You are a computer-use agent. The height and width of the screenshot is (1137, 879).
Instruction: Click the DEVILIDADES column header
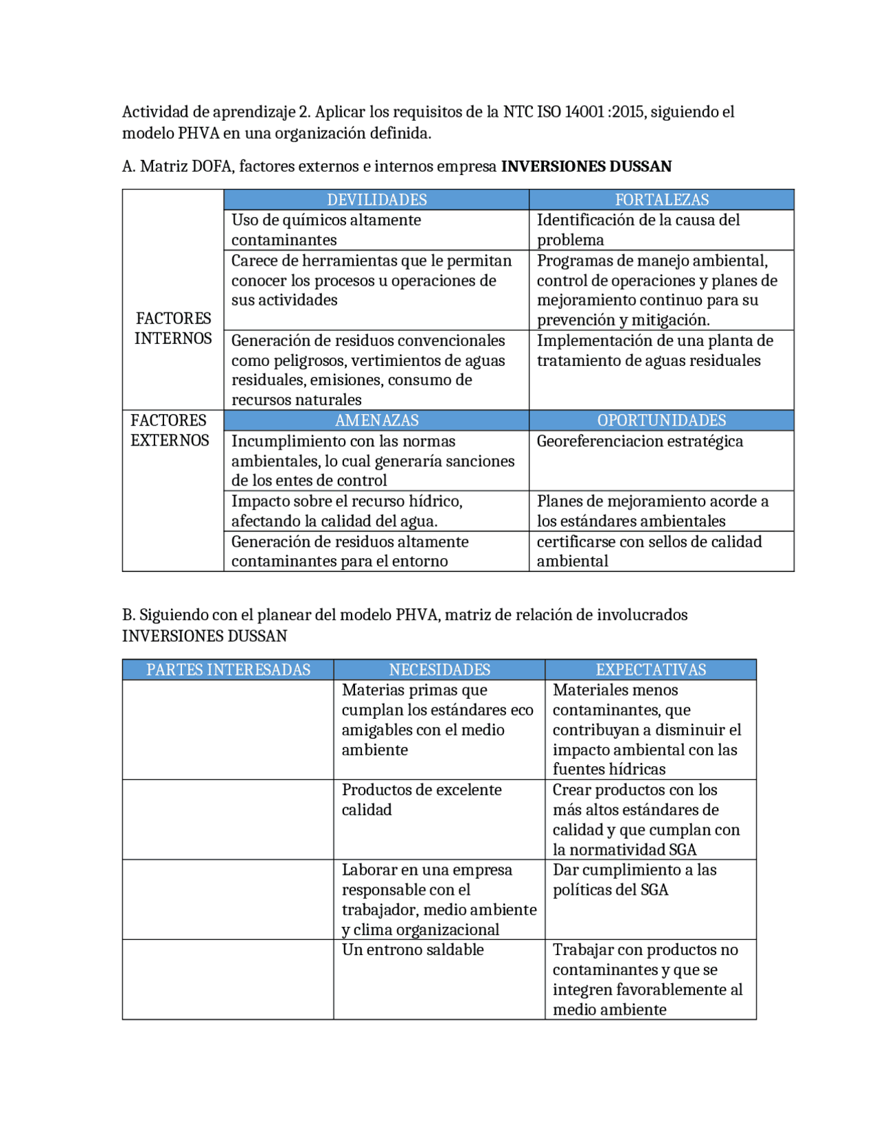click(376, 200)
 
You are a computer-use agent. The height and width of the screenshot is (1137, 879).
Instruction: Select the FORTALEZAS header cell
click(661, 200)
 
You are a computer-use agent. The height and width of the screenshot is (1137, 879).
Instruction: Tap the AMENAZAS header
click(376, 420)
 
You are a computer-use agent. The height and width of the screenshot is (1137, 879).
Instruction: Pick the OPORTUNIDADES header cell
click(661, 420)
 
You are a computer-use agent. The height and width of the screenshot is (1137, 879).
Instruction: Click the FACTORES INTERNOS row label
click(173, 328)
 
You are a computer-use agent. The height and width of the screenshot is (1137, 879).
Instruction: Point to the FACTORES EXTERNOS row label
click(170, 430)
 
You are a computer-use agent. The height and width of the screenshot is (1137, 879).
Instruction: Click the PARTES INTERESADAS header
click(228, 669)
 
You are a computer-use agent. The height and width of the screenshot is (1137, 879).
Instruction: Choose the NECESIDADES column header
click(439, 669)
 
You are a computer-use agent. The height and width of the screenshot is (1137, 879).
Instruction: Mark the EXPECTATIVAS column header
click(650, 669)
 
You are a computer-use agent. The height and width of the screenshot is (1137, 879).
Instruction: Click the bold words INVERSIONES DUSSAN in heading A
click(586, 166)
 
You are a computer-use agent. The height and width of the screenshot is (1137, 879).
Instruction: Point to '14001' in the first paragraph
click(584, 112)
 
